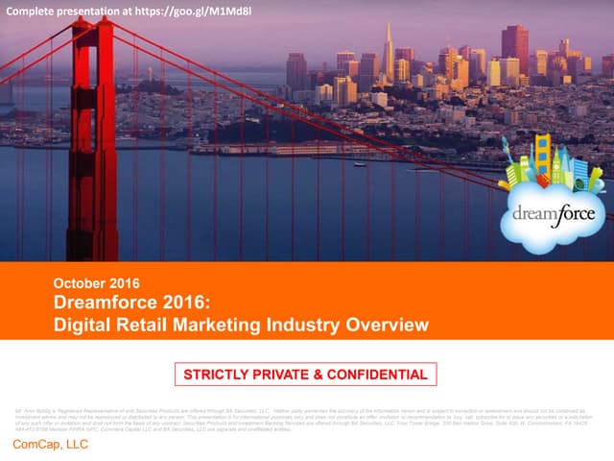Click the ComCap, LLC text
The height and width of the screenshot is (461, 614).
[x=49, y=446]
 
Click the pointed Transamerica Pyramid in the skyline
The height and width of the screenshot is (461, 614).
[x=389, y=48]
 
